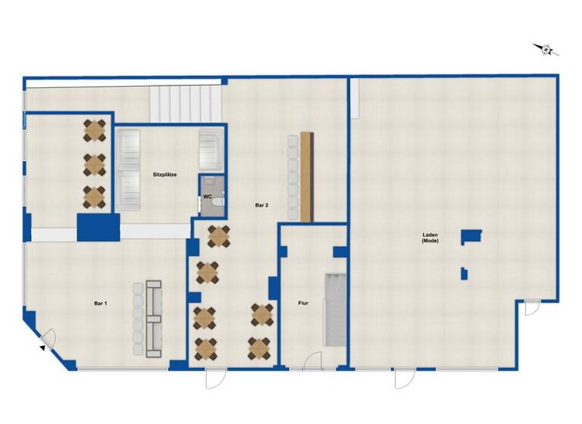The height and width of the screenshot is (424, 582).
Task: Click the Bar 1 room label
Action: tap(100, 303)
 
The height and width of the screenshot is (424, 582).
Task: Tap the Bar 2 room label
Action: tap(261, 204)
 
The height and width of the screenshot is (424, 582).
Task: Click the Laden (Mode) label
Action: tap(430, 239)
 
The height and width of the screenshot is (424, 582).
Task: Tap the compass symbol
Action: tap(546, 50)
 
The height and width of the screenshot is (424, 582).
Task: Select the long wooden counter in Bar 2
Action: tap(306, 176)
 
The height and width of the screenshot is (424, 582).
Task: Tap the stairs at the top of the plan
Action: tap(186, 102)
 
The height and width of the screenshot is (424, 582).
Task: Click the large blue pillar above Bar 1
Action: tap(99, 227)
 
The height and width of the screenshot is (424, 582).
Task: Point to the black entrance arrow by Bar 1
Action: tap(41, 348)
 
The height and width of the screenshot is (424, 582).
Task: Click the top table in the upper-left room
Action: tap(95, 130)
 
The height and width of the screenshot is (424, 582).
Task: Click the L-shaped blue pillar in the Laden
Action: tap(471, 235)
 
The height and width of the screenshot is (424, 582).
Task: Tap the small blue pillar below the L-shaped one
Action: tap(464, 273)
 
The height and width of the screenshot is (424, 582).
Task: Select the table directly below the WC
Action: tap(218, 237)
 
